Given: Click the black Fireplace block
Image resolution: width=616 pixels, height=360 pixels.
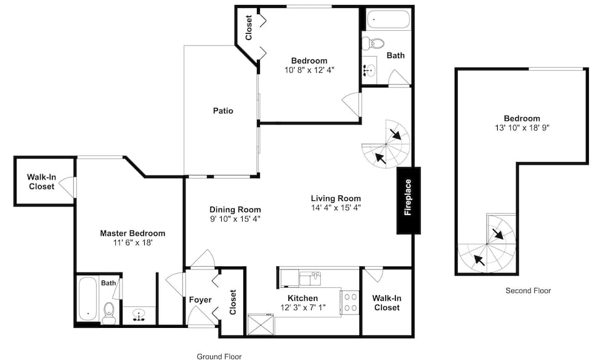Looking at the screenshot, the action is (x=408, y=200).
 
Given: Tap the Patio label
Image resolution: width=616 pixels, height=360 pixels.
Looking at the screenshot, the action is (x=223, y=111).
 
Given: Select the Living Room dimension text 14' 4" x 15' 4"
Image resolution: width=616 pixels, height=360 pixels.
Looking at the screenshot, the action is (x=336, y=208).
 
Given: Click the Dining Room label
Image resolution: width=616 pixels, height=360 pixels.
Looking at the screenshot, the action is (x=235, y=210).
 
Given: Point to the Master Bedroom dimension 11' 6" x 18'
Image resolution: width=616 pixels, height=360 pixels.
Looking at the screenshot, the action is (x=133, y=242).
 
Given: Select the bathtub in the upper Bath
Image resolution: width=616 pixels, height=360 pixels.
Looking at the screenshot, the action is (x=388, y=19).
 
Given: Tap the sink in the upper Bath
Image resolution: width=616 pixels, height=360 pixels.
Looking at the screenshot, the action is (x=369, y=70).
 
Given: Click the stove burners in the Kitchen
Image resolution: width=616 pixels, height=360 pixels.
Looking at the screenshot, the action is (x=351, y=302).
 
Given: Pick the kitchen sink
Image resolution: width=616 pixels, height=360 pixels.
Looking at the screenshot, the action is (x=310, y=278).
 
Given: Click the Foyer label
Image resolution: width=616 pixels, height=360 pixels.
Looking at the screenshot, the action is (x=200, y=300).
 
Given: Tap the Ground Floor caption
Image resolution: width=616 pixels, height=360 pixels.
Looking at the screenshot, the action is (x=219, y=356).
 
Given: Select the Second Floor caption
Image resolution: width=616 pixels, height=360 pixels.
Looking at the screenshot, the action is (x=528, y=291).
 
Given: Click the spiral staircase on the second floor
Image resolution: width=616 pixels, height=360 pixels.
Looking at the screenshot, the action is (x=487, y=244).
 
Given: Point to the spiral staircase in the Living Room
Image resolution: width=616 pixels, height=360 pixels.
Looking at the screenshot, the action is (x=386, y=144).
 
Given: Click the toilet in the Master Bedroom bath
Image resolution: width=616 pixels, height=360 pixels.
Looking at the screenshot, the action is (x=108, y=313).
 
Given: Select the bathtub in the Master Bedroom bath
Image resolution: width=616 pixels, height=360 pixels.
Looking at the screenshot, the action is (x=87, y=300).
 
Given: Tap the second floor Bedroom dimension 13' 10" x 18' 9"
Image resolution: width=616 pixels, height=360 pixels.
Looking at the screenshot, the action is (x=522, y=128).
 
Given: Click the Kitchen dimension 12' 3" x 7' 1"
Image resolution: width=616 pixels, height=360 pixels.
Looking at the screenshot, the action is (x=303, y=308).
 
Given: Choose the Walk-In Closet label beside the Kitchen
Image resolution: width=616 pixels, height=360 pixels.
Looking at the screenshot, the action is (x=387, y=303).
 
